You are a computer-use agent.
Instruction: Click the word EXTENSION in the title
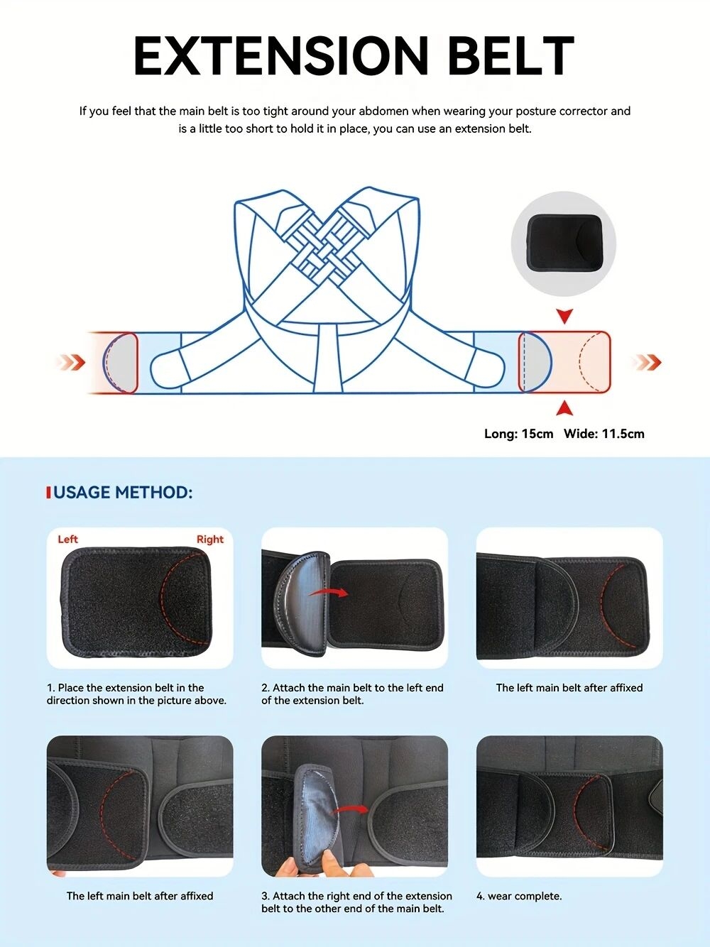tap(281, 56)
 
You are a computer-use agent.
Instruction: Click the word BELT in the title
tap(512, 56)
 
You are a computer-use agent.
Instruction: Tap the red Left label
tap(67, 540)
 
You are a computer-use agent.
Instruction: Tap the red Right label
tap(210, 540)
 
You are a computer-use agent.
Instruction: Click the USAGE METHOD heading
tap(123, 492)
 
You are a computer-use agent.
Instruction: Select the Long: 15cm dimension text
tap(518, 434)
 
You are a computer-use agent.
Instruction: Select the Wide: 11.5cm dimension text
tap(604, 434)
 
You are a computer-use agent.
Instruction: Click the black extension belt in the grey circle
tap(565, 243)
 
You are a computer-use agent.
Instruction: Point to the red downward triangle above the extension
tap(564, 316)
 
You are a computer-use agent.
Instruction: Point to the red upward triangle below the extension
tap(564, 408)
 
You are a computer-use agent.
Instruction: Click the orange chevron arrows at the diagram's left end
tap(71, 362)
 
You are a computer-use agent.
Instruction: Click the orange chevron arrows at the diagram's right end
tap(647, 362)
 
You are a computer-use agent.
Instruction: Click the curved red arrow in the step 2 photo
tap(329, 592)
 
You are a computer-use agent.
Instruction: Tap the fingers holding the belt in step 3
tap(308, 865)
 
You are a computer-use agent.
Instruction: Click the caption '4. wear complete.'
tap(519, 896)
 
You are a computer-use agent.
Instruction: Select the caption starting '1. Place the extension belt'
tap(136, 694)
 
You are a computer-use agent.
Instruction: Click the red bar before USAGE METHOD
tap(49, 493)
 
